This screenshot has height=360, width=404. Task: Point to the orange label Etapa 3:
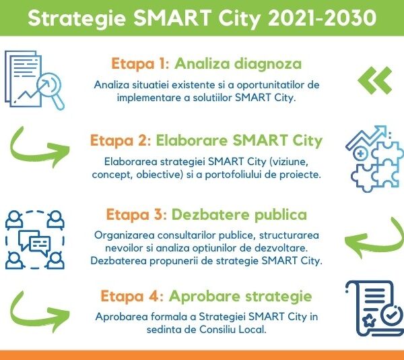[x=136, y=215]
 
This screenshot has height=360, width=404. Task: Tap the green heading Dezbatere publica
[x=240, y=215]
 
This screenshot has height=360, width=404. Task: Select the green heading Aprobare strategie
[x=240, y=297]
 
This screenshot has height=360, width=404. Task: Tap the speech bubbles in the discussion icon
[x=33, y=241]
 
